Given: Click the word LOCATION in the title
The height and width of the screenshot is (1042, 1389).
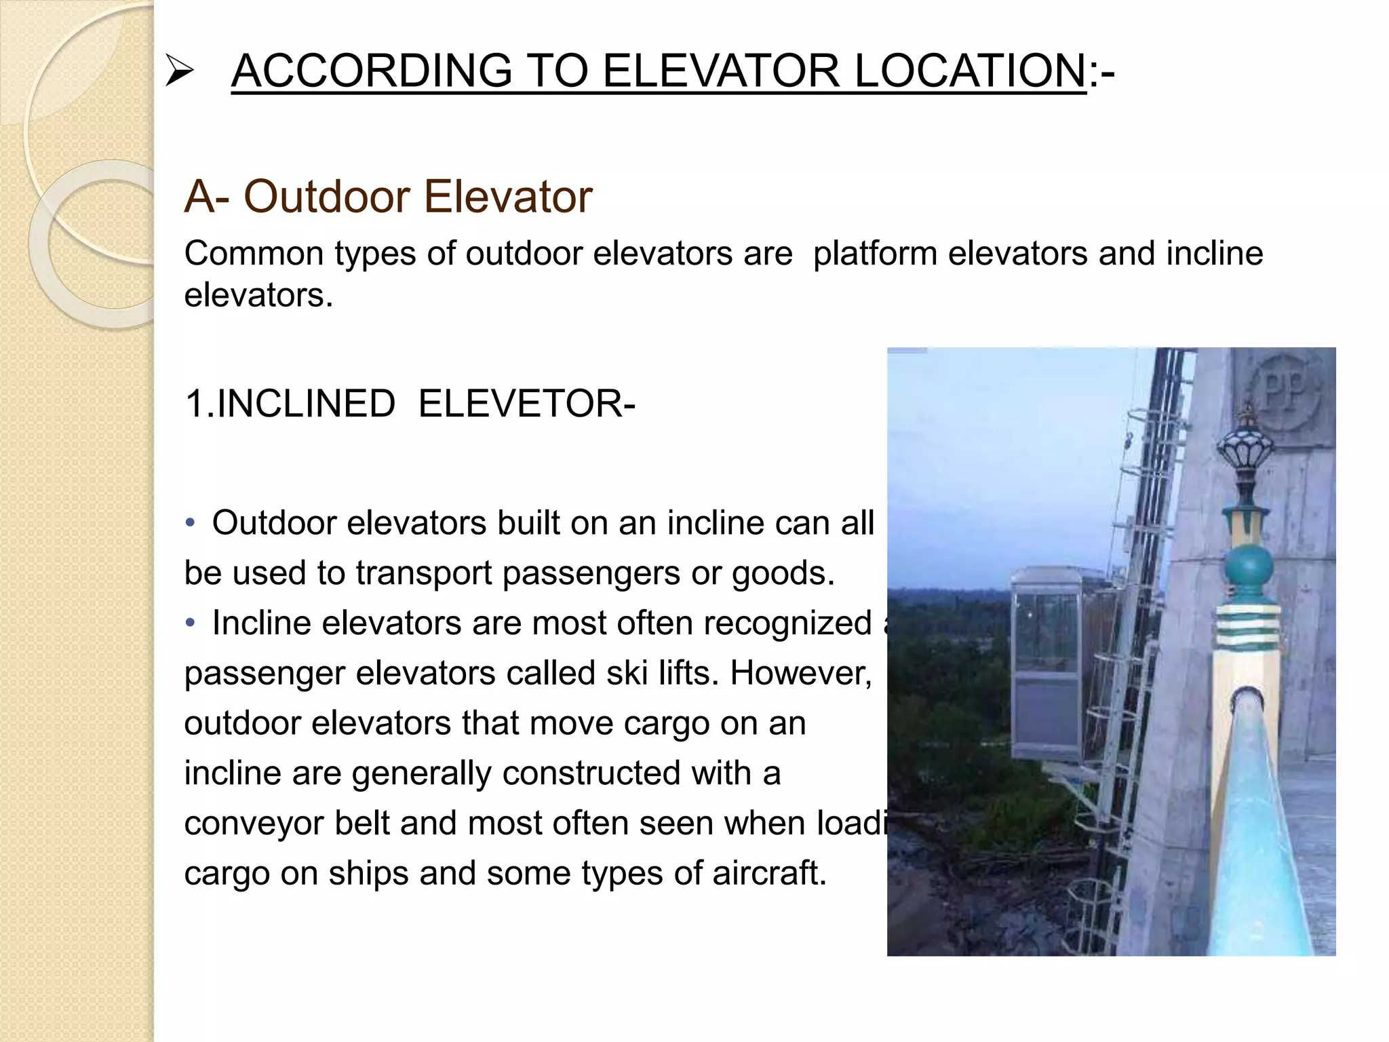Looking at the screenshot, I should click(x=970, y=71).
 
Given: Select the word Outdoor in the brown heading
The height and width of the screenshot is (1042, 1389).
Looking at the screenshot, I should click(x=327, y=197).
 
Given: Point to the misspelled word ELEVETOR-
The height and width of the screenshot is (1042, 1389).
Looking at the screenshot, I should click(x=526, y=404).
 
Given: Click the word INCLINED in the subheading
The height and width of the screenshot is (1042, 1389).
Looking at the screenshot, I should click(x=305, y=404).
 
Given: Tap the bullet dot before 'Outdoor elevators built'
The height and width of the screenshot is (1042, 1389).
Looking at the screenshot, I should click(x=191, y=523).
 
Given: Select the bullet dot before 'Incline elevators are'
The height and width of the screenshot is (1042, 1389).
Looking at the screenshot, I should click(x=191, y=623).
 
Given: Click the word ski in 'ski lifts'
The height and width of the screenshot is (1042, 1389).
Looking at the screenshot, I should click(x=627, y=673).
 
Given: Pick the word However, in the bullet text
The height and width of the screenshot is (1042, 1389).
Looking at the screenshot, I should click(x=800, y=673).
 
